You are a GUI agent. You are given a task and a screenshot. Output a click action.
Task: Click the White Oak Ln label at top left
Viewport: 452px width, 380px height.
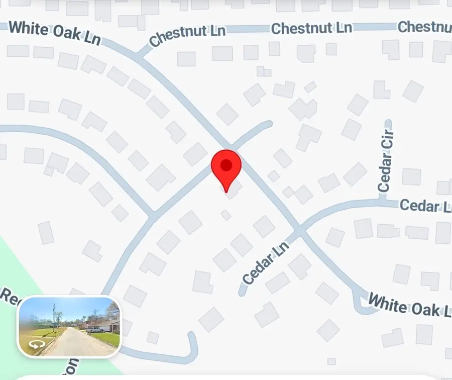55,33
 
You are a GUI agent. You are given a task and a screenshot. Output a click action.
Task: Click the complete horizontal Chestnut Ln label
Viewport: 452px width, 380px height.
311,28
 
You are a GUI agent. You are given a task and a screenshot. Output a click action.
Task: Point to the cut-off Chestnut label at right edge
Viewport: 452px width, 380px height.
424,27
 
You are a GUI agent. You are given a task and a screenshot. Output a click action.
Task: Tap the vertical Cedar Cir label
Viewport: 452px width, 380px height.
386,161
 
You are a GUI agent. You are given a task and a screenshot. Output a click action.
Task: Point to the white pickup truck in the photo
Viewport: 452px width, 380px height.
93,329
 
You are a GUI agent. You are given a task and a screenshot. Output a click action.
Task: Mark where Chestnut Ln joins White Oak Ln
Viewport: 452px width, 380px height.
141,56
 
